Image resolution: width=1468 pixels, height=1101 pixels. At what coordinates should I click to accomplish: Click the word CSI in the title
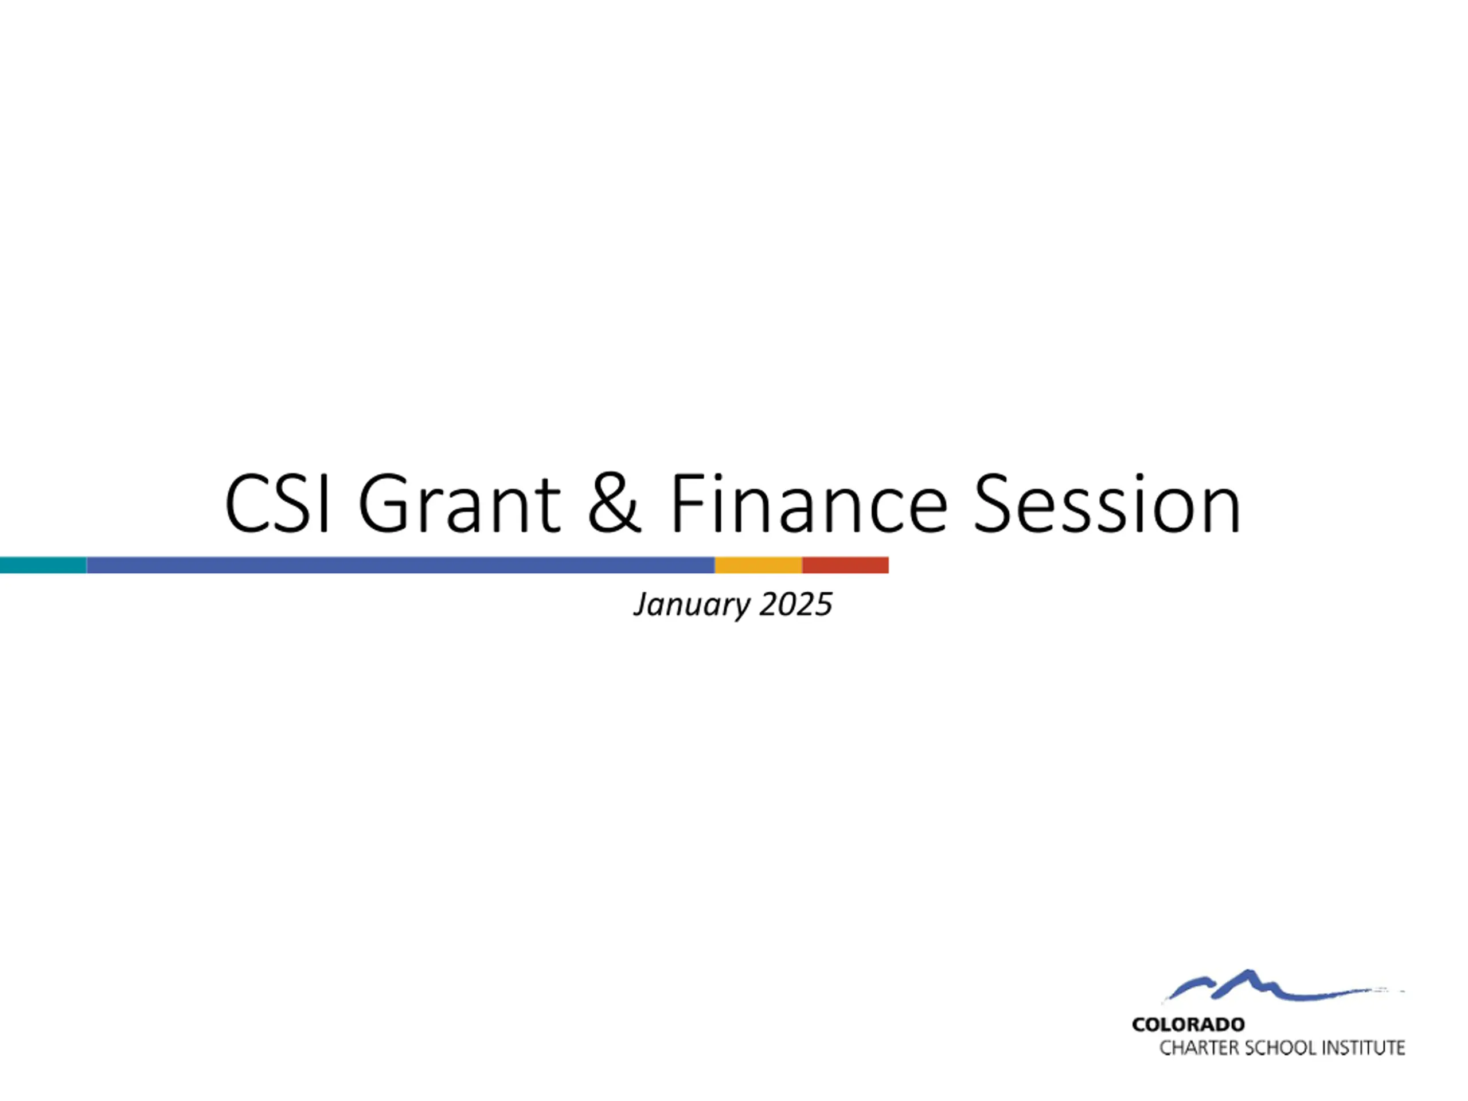tap(278, 503)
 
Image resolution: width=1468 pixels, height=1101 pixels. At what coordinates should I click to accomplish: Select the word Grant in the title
tap(460, 503)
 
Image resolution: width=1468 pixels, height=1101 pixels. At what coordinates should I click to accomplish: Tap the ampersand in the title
tap(615, 503)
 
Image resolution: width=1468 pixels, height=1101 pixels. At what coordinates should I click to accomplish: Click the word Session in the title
tap(1107, 503)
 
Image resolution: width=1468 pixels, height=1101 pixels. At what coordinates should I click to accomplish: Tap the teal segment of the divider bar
tap(43, 565)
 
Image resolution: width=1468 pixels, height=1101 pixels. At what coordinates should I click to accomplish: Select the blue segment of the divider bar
tap(401, 565)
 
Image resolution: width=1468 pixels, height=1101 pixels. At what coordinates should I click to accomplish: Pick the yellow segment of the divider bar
tap(759, 565)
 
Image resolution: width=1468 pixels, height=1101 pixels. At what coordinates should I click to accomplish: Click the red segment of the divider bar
tap(845, 565)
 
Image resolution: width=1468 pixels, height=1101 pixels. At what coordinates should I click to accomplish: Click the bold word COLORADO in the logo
tap(1189, 1025)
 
